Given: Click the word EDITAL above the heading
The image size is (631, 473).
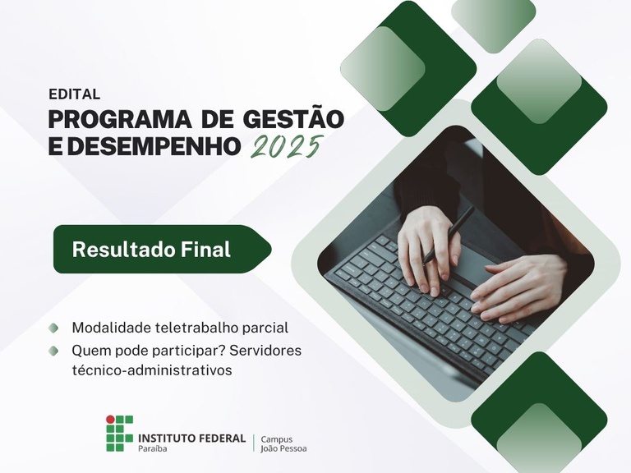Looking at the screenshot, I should [x=74, y=94].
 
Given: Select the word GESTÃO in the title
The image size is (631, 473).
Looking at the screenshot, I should [x=293, y=120].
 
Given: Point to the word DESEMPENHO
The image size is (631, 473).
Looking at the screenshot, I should [x=160, y=148].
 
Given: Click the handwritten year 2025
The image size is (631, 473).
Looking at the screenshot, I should [x=284, y=147].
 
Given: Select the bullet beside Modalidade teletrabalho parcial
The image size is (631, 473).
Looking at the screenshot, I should [x=54, y=328].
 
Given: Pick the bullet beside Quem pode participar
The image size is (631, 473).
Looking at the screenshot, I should [x=54, y=351].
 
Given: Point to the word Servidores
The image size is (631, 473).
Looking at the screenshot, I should [x=265, y=351].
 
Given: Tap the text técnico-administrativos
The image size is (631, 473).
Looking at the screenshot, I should [x=152, y=370].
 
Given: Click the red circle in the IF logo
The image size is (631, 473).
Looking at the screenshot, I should [x=111, y=420].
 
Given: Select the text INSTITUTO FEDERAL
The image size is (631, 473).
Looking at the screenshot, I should [x=191, y=438].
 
